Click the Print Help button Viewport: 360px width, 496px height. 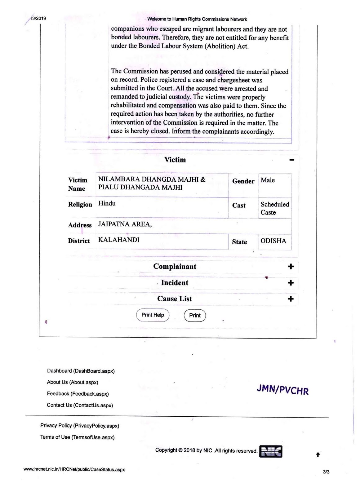point(153,315)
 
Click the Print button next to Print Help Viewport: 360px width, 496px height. point(195,315)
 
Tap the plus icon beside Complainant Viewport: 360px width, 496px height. point(291,267)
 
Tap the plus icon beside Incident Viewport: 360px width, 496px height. point(291,283)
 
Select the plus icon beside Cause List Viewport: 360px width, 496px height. point(291,299)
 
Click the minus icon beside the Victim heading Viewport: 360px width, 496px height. point(291,160)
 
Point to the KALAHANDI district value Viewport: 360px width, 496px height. point(119,240)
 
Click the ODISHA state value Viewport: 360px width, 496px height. point(273,241)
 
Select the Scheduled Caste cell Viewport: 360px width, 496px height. point(274,208)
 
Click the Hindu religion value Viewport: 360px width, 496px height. point(107,203)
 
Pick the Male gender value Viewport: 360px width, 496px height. point(268,180)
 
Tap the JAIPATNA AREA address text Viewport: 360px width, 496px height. point(125,224)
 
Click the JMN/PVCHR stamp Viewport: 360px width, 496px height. point(283,390)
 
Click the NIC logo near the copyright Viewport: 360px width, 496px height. point(271,452)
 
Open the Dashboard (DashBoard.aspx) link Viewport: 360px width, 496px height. point(81,371)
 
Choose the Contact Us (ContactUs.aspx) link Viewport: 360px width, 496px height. point(80,405)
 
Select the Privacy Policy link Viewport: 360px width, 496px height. point(80,426)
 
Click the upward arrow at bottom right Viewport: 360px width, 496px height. point(318,455)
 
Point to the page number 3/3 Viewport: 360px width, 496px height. point(326,472)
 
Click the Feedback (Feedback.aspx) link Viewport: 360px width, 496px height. point(78,394)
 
